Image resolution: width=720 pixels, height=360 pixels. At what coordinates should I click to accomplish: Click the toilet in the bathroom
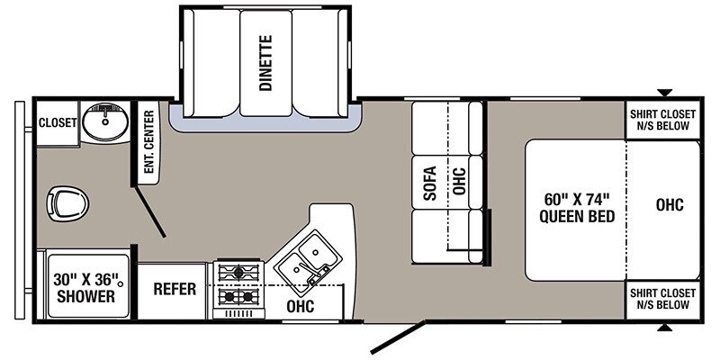click(x=67, y=204)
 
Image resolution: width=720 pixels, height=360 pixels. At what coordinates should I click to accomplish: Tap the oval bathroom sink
click(x=105, y=121)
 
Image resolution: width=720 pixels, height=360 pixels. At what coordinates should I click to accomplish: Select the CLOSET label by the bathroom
click(x=58, y=123)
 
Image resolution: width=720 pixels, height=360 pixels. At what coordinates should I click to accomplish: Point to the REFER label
click(x=175, y=289)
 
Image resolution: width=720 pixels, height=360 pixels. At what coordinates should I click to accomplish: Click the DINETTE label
click(x=265, y=63)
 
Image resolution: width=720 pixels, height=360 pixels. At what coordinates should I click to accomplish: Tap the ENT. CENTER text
click(x=148, y=141)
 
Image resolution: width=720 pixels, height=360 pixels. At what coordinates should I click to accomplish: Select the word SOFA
click(x=430, y=183)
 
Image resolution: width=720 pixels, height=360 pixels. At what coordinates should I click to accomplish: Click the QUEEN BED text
click(x=577, y=216)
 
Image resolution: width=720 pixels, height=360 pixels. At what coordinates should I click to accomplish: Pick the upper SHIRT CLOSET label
click(x=662, y=120)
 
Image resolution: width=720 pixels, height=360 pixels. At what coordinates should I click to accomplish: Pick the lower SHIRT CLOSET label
click(x=662, y=299)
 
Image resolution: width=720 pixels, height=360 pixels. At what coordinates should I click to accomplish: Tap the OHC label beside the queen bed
click(x=670, y=205)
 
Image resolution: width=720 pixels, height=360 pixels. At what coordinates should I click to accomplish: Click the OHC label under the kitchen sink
click(x=301, y=306)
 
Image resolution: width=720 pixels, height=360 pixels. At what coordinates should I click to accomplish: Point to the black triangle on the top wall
click(x=664, y=93)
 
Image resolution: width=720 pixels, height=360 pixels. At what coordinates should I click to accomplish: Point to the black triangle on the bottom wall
click(x=664, y=328)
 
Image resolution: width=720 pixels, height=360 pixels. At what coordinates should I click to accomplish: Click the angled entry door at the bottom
click(x=398, y=338)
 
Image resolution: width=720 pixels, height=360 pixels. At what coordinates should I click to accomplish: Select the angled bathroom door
click(x=150, y=211)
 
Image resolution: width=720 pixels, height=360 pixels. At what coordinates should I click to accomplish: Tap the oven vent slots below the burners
click(x=238, y=313)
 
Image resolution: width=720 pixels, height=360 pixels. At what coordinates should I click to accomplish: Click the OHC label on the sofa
click(x=459, y=181)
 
